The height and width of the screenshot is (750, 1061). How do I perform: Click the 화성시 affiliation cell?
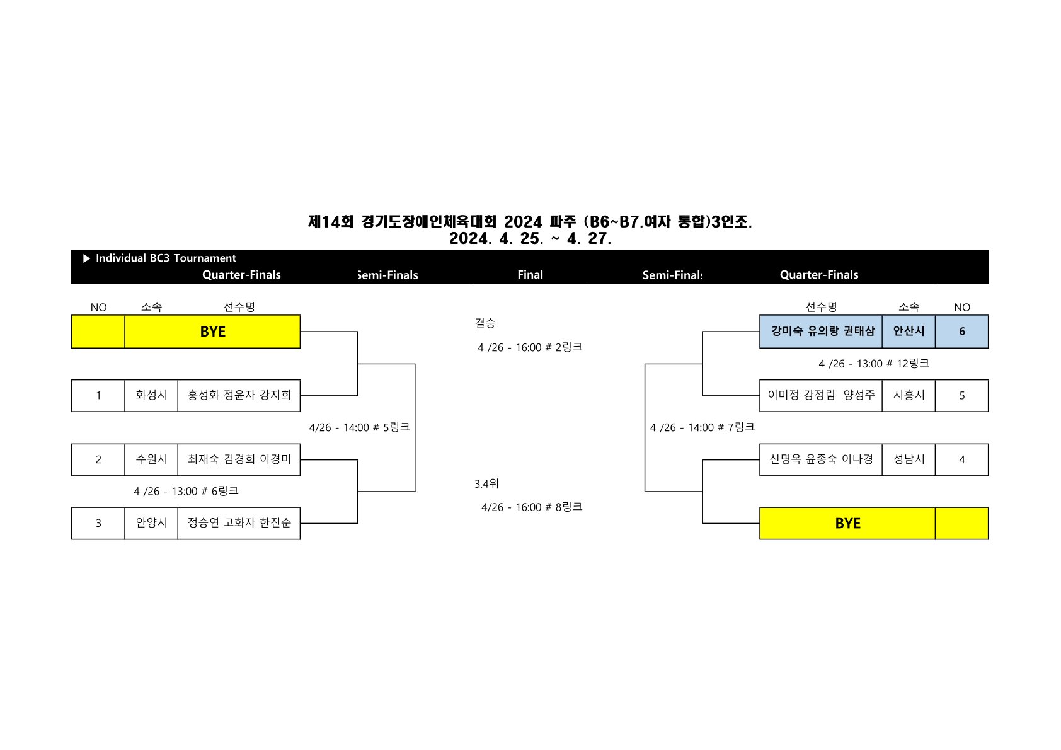coord(151,396)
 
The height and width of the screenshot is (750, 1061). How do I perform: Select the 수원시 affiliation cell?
coord(151,459)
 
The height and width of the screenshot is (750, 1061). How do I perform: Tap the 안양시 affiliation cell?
coord(151,523)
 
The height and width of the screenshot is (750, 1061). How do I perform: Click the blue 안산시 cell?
coord(909,332)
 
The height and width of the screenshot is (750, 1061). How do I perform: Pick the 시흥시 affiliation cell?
coord(909,396)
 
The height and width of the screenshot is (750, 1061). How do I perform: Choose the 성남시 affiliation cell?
coord(909,459)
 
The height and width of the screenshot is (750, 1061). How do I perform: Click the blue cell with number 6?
coord(961,332)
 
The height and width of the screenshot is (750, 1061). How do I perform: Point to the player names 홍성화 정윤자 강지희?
coord(239,396)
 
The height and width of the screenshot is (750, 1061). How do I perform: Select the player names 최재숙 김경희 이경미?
coord(239,459)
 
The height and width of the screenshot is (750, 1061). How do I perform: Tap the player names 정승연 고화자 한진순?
coord(239,523)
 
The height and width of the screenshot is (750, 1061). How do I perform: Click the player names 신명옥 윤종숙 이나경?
coord(821,459)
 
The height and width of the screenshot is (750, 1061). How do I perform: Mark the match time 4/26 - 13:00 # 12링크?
coord(874,364)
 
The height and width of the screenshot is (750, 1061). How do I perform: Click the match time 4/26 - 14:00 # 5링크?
coord(359,427)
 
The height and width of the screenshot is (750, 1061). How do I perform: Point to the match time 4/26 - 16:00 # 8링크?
coord(531,507)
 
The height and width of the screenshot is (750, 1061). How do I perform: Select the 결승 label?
coord(485,323)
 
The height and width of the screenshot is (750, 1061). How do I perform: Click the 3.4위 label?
coord(486,484)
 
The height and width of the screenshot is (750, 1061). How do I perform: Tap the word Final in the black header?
coord(530,275)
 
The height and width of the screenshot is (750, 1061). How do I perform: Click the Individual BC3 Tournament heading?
coord(165,258)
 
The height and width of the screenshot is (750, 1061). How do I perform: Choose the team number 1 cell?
coord(98,396)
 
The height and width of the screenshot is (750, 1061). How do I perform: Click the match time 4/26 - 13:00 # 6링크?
coord(186,491)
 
